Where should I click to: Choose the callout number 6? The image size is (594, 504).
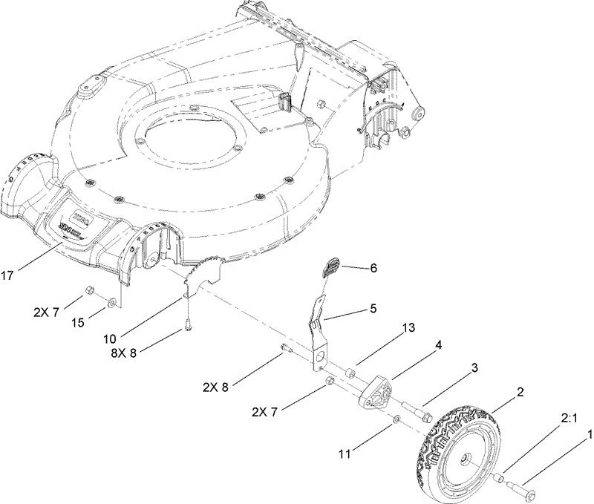pos(373,268)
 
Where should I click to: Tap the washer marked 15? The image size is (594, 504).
pos(111,302)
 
